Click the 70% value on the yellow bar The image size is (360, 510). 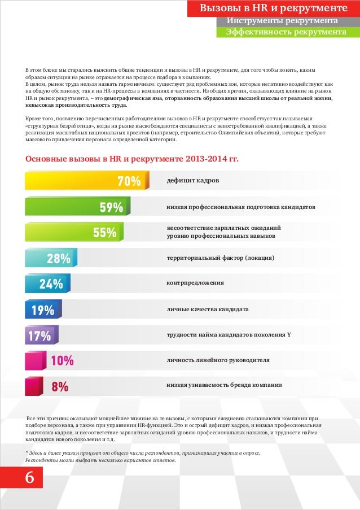pyautogui.click(x=129, y=181)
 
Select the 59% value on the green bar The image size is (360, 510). pyautogui.click(x=111, y=207)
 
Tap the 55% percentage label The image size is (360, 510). pyautogui.click(x=104, y=233)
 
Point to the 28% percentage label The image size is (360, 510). pyautogui.click(x=59, y=259)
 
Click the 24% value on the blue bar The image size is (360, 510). pyautogui.click(x=51, y=284)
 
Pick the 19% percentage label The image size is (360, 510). pyautogui.click(x=43, y=310)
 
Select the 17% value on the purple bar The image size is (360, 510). pyautogui.click(x=39, y=336)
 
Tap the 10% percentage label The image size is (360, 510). pyautogui.click(x=62, y=361)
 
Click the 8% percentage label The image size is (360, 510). pyautogui.click(x=60, y=387)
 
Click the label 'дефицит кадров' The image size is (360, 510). pyautogui.click(x=193, y=181)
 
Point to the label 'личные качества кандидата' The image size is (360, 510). pyautogui.click(x=208, y=310)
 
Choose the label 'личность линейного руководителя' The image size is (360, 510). pyautogui.click(x=218, y=360)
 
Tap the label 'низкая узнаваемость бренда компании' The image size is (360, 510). pyautogui.click(x=224, y=385)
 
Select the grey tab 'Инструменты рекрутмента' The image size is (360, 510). pyautogui.click(x=282, y=21)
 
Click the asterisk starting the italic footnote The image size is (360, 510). pyautogui.click(x=27, y=453)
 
